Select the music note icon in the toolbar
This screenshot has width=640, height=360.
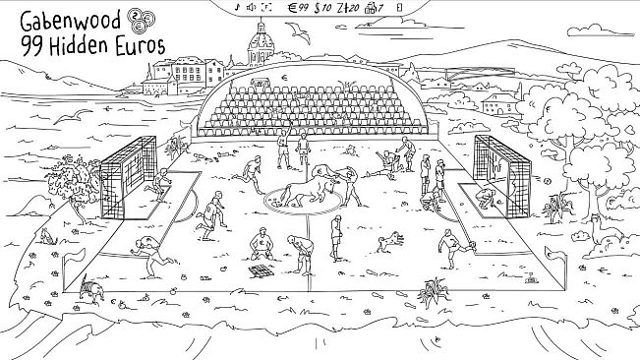tap(238, 8)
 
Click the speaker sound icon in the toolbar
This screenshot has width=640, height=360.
tap(252, 8)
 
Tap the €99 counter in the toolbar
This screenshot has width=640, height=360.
tap(297, 8)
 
